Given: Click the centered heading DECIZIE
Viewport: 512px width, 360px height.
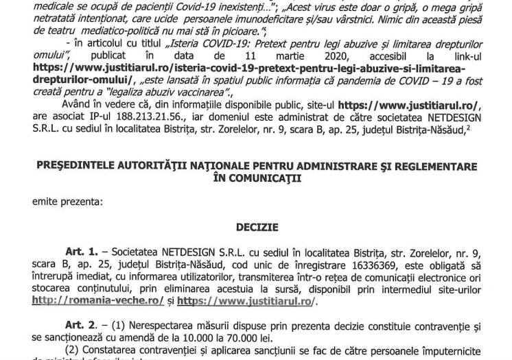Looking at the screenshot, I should pyautogui.click(x=257, y=227).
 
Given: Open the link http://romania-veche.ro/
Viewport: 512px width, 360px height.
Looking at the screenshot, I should pyautogui.click(x=97, y=301).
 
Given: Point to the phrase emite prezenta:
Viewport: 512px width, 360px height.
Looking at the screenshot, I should pyautogui.click(x=67, y=202).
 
